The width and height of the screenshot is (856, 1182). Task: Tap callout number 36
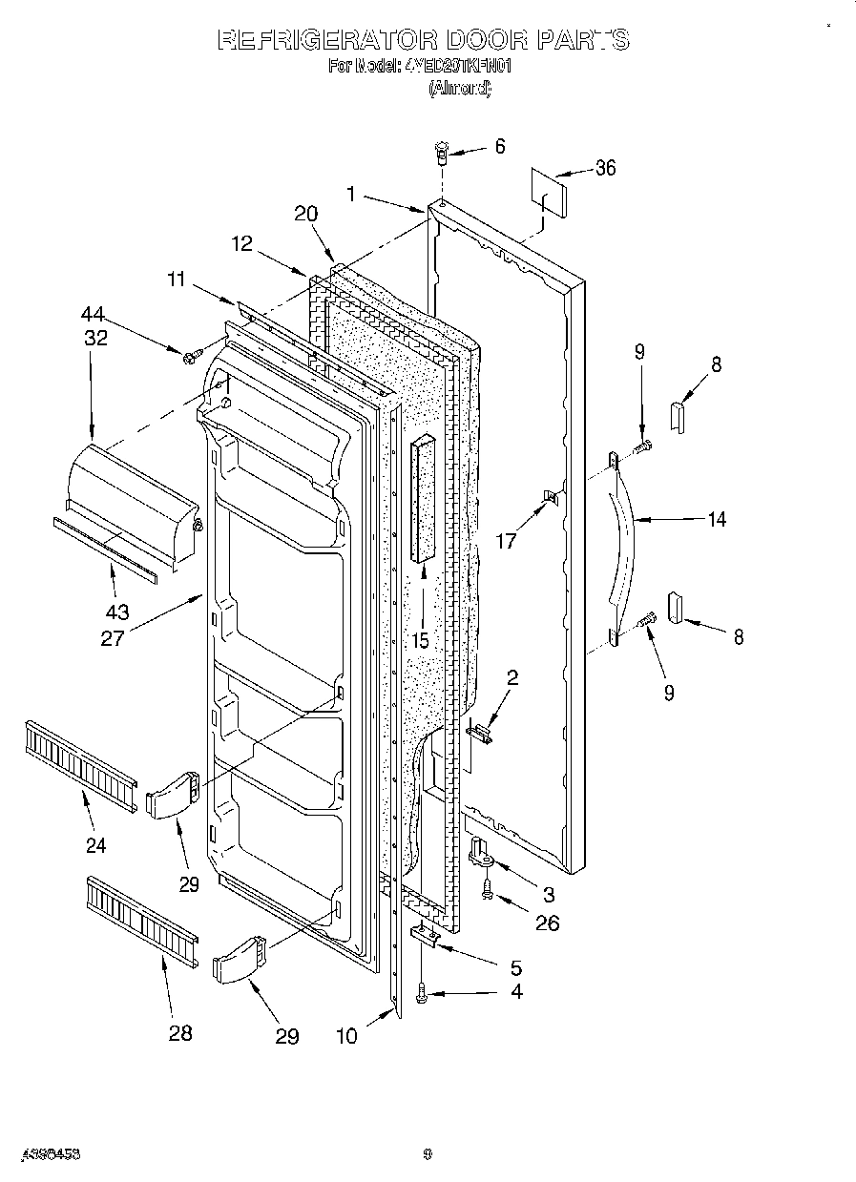(x=605, y=169)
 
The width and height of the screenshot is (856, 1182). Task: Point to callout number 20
(x=305, y=214)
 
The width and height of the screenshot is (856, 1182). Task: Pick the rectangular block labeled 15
(x=424, y=499)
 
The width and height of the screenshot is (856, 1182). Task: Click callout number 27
(x=113, y=637)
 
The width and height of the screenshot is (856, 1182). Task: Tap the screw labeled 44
(x=191, y=356)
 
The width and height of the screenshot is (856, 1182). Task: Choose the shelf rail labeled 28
(x=141, y=915)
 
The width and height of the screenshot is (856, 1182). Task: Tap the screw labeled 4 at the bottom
(x=423, y=996)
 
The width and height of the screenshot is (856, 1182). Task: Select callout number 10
(x=347, y=1035)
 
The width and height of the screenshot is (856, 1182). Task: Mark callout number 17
(x=506, y=541)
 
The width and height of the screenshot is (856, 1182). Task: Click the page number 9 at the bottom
(x=428, y=1154)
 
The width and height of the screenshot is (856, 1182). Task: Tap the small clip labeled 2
(x=482, y=732)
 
